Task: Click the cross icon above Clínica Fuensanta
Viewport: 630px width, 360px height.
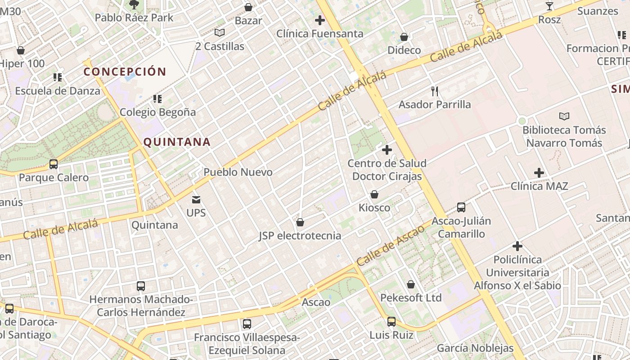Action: click(320, 20)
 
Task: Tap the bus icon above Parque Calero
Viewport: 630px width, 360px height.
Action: click(54, 164)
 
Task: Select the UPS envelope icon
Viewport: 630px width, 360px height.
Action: click(196, 199)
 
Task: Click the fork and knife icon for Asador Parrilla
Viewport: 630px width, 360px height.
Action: click(435, 91)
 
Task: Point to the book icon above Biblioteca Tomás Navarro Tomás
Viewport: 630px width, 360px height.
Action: click(564, 117)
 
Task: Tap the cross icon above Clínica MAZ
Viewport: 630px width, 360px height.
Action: click(539, 173)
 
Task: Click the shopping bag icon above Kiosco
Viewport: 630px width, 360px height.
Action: click(374, 195)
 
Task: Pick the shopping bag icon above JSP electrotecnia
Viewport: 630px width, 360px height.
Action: click(300, 223)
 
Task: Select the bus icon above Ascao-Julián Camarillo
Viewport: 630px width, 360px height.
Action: click(461, 207)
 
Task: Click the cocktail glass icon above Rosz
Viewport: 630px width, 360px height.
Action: click(549, 6)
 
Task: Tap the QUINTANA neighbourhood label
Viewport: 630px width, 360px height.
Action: click(177, 142)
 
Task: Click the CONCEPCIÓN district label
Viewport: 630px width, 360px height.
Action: click(125, 72)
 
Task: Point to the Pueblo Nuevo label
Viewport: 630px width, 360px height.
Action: click(238, 172)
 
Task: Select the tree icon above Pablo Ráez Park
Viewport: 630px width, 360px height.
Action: click(134, 5)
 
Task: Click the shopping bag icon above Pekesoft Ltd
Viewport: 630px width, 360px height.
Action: click(411, 285)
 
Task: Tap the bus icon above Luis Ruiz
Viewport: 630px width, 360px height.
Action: click(391, 322)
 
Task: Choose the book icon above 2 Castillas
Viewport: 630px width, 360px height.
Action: click(220, 33)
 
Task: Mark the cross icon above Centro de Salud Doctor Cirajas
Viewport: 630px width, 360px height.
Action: click(387, 150)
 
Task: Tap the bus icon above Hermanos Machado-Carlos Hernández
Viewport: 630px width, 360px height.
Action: click(141, 286)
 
